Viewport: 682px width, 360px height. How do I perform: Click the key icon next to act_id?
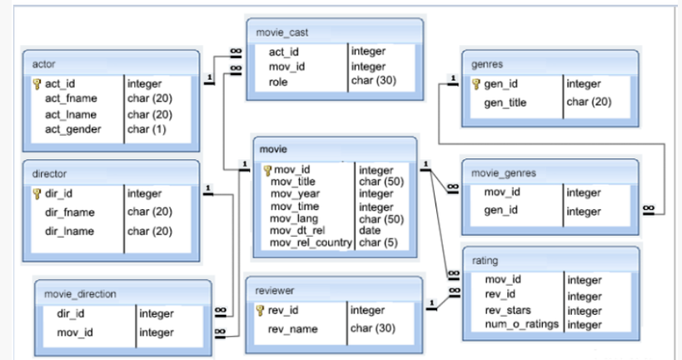point(37,83)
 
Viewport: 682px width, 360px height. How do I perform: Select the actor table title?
point(43,64)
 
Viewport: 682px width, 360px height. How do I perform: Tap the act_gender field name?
point(73,129)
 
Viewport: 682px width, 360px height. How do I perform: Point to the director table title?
point(49,173)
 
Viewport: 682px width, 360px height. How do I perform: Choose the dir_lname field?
point(69,231)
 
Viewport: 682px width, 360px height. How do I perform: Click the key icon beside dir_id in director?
point(37,193)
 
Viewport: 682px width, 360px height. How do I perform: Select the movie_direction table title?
point(80,293)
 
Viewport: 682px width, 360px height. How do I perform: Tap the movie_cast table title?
point(285,32)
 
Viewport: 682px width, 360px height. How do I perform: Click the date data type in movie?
point(369,230)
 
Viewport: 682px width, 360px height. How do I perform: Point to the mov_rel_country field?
point(311,242)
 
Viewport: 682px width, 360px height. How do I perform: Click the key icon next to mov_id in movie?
point(267,170)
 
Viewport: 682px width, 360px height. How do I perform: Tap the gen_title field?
point(507,102)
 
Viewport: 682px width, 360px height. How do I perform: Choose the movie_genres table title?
point(503,173)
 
